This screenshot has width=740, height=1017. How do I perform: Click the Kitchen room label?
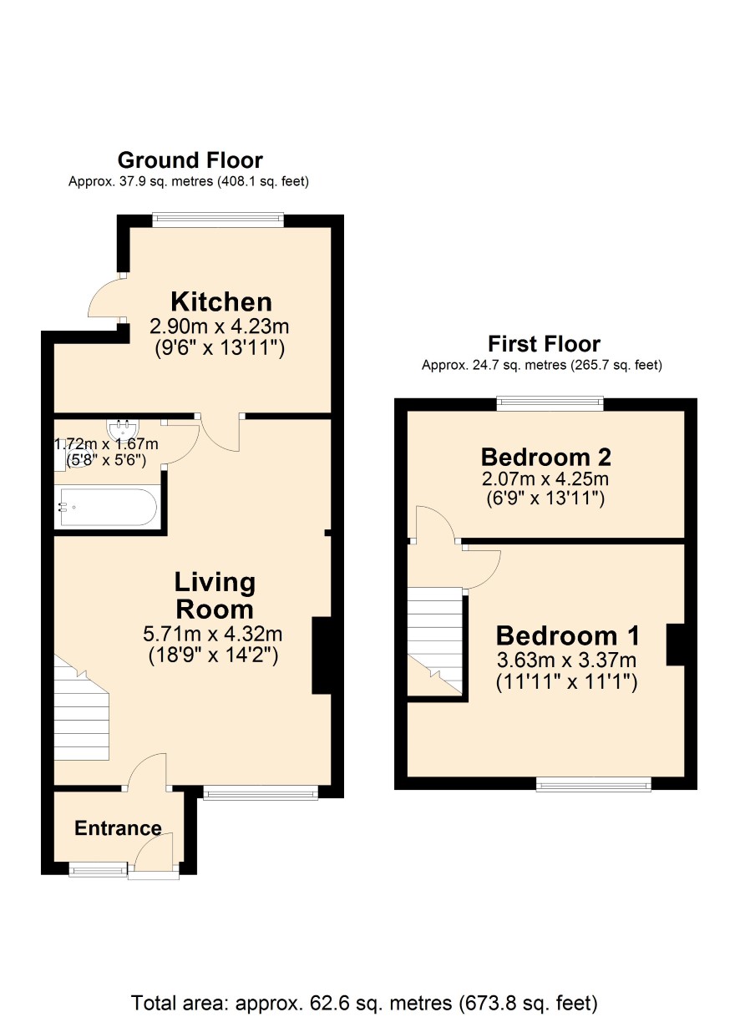pyautogui.click(x=221, y=302)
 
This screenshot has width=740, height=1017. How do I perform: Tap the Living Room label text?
pyautogui.click(x=215, y=595)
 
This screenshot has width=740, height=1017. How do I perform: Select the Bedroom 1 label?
pyautogui.click(x=567, y=635)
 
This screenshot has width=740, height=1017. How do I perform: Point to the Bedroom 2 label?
pyautogui.click(x=545, y=458)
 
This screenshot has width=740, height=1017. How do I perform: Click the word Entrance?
pyautogui.click(x=118, y=828)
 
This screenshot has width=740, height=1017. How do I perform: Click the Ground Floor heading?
pyautogui.click(x=190, y=160)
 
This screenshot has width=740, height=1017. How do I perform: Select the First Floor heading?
pyautogui.click(x=545, y=344)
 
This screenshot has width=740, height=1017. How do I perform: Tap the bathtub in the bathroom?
pyautogui.click(x=107, y=507)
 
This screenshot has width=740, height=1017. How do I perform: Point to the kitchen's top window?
pyautogui.click(x=218, y=220)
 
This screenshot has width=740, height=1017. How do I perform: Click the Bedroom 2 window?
pyautogui.click(x=550, y=403)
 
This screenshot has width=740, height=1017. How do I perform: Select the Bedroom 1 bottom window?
pyautogui.click(x=594, y=784)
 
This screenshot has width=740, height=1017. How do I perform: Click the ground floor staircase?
pyautogui.click(x=82, y=707)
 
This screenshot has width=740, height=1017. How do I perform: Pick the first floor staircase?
pyautogui.click(x=435, y=641)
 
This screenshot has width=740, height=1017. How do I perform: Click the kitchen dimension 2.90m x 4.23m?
pyautogui.click(x=220, y=326)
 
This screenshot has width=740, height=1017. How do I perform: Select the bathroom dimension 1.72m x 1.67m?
pyautogui.click(x=106, y=443)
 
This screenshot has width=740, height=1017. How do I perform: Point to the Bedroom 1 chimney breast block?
pyautogui.click(x=675, y=645)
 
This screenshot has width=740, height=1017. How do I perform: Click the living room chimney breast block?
pyautogui.click(x=322, y=655)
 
